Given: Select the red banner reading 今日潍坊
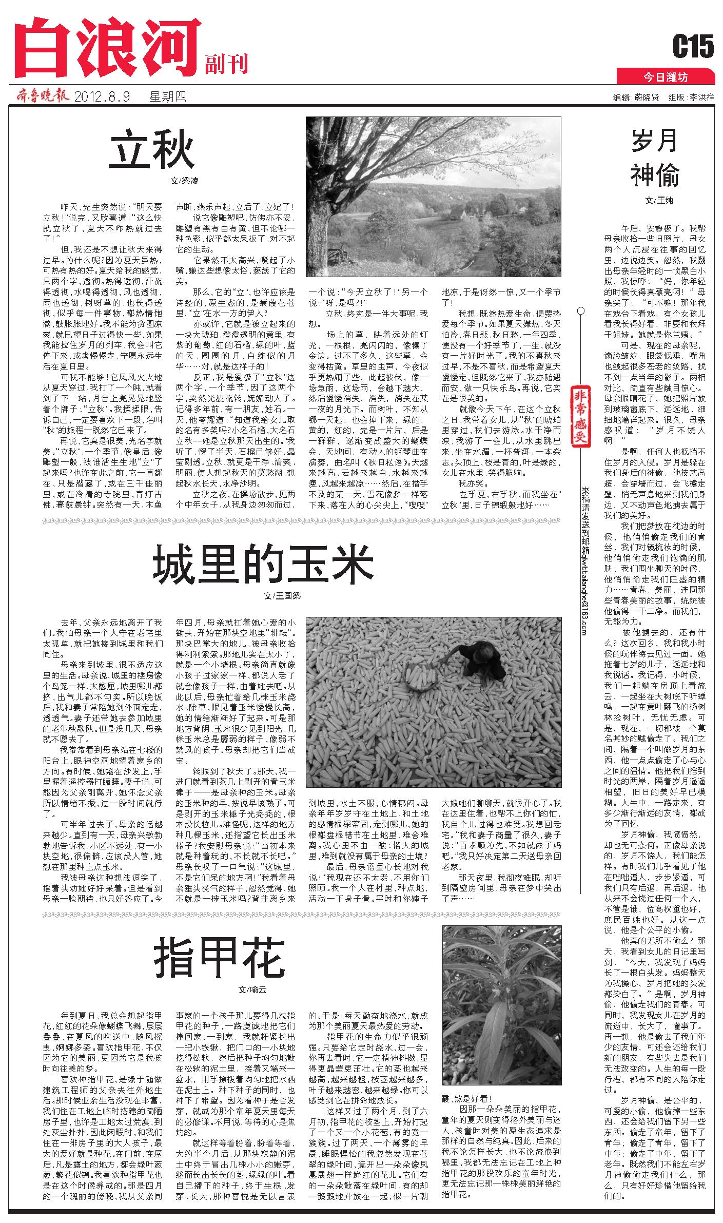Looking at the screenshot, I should tap(666, 77).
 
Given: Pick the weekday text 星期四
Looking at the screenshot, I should tap(167, 96).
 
